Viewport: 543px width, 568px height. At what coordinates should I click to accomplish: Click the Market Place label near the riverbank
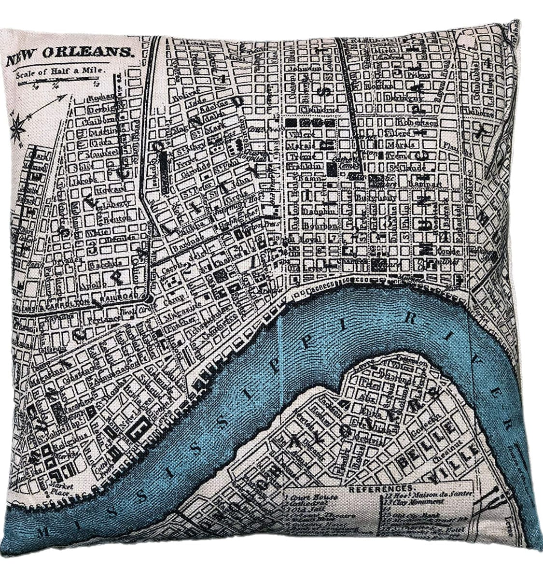tap(61, 489)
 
